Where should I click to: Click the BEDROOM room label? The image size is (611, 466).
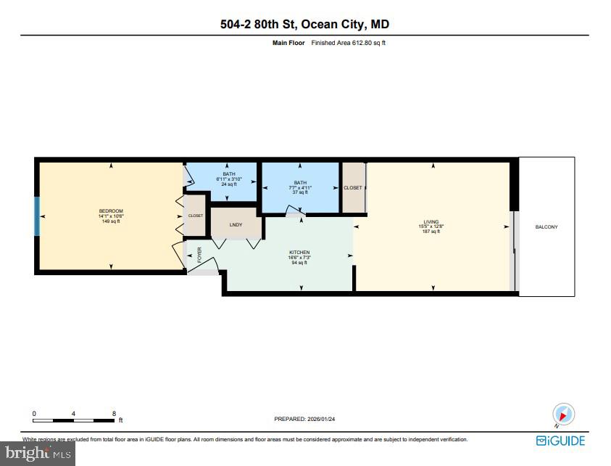pos(111,210)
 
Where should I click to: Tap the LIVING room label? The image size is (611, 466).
pos(432,222)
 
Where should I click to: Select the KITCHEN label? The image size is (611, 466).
pos(299,252)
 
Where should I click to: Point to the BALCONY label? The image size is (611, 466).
pos(546,227)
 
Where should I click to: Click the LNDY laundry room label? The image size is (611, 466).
pos(236,225)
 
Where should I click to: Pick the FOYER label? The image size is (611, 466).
pos(199,255)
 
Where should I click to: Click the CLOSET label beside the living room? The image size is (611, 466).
pos(353,188)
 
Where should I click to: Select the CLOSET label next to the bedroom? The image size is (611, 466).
pos(196,216)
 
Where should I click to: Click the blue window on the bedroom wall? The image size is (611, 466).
pos(38,216)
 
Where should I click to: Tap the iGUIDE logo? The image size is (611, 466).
pos(560,441)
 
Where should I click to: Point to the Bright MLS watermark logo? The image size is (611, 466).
pos(37,454)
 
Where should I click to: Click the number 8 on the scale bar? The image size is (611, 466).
pos(114,413)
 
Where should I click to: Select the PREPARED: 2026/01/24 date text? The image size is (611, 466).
pos(305,419)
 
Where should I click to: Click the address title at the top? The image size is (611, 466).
pos(304,25)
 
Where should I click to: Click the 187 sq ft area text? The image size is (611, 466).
pos(432,232)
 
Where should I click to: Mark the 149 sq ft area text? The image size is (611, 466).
pos(111,221)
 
